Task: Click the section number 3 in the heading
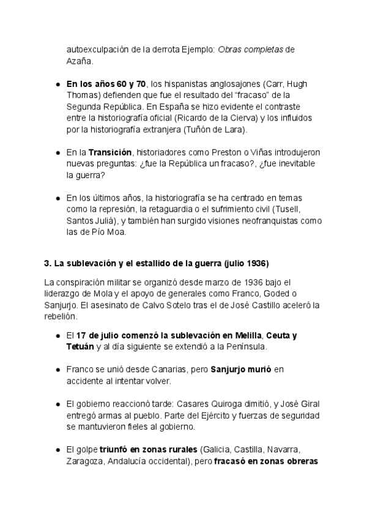click(x=47, y=264)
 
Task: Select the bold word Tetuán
click(x=81, y=348)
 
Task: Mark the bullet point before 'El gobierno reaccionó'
click(x=57, y=404)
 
